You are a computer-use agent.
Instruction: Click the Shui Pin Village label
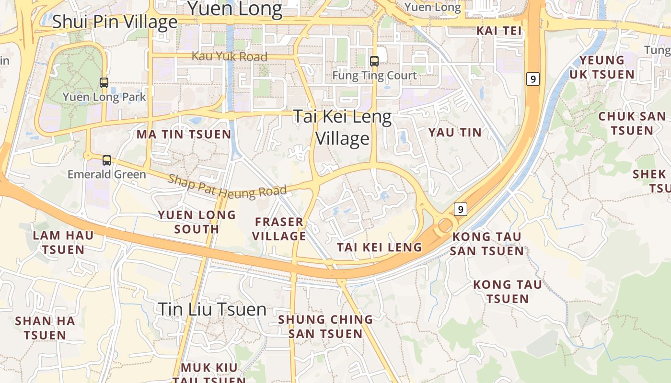click(x=115, y=22)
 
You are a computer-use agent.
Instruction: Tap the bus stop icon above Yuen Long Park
click(x=104, y=82)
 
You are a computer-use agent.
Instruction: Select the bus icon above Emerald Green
click(x=107, y=160)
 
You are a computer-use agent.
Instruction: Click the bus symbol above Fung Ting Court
click(x=374, y=61)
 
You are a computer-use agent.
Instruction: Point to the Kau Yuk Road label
click(x=230, y=56)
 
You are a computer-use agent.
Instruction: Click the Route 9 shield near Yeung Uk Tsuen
click(x=532, y=79)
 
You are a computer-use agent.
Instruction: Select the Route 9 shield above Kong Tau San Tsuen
click(x=460, y=209)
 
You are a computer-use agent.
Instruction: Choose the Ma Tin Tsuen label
click(x=184, y=135)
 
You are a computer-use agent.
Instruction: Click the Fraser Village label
click(x=279, y=229)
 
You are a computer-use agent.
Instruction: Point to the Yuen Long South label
click(x=197, y=222)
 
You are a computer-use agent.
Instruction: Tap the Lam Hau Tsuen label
click(x=63, y=242)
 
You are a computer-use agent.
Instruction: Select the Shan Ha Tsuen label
click(x=45, y=328)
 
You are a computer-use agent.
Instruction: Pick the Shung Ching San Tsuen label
click(x=325, y=327)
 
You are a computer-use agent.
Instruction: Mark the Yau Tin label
click(x=455, y=133)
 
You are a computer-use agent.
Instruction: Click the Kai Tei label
click(x=498, y=31)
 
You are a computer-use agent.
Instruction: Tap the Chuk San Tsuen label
click(x=632, y=124)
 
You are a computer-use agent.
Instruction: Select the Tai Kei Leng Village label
click(x=342, y=127)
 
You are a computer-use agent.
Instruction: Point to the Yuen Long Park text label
click(x=104, y=97)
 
